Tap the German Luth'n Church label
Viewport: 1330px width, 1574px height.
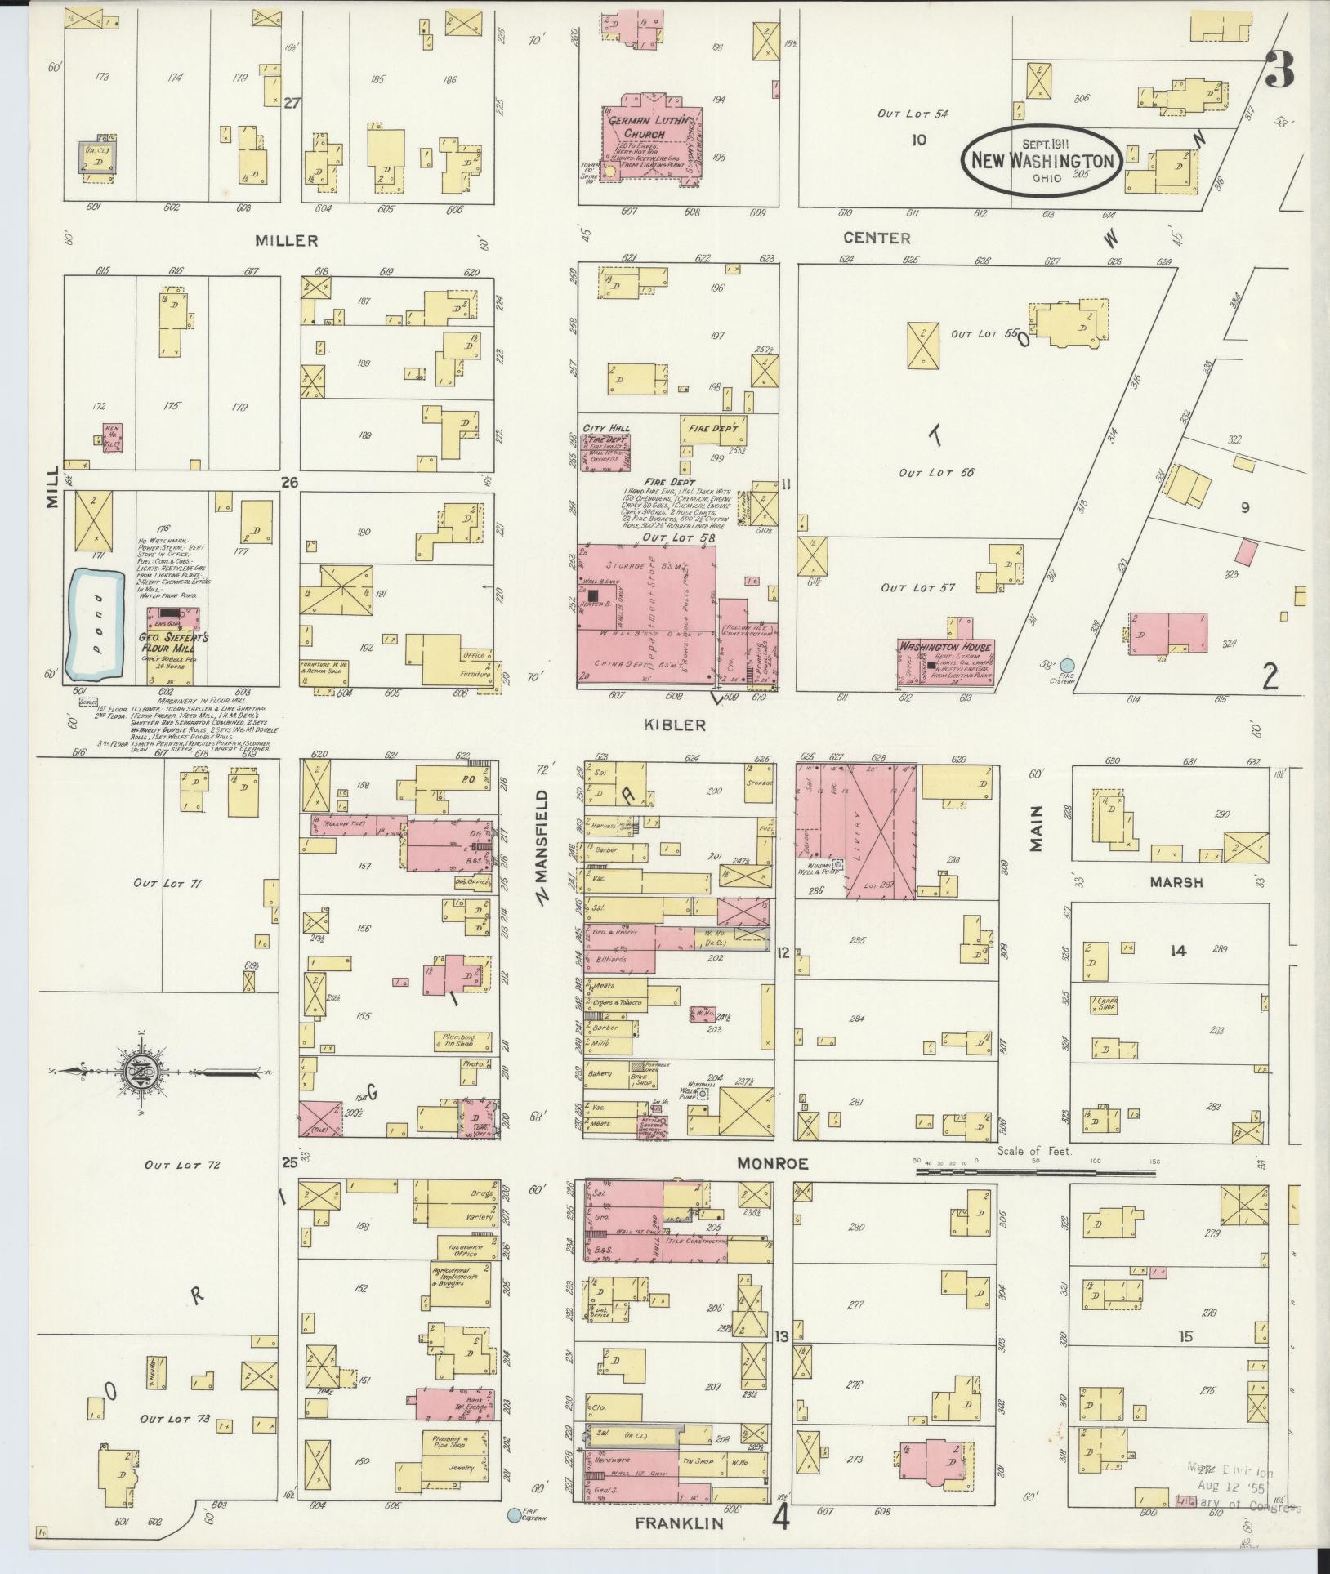tap(645, 127)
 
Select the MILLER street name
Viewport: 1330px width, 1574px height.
tap(286, 240)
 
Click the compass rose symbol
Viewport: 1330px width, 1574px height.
tap(136, 1070)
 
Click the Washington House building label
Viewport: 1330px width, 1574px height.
tap(945, 647)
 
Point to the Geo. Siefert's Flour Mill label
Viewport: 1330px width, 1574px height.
tap(172, 643)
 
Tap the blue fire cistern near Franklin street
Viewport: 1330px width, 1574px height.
tap(513, 1515)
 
